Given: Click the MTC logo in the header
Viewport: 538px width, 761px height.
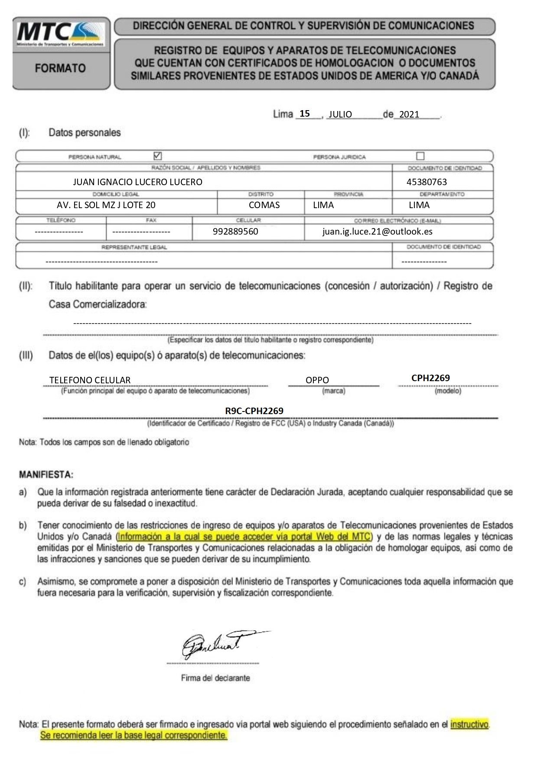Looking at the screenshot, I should coord(60,33).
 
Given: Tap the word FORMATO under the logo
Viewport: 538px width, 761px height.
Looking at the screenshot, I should coord(60,68).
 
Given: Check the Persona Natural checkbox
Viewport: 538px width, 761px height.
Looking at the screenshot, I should coord(158,156).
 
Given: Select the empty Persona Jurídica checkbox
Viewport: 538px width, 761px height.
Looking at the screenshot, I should coord(420,156).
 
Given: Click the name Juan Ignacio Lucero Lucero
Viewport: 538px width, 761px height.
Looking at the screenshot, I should coord(137,182).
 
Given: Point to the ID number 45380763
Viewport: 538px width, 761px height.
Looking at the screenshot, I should coord(427,182).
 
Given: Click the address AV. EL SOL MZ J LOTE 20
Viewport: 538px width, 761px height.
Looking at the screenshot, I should coord(106,205).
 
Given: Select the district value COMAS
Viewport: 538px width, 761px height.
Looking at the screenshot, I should coord(264,205).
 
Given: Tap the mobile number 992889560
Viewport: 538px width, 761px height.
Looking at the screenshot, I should coord(235,232).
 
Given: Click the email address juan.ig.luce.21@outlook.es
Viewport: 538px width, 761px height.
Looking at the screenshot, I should coord(377,232).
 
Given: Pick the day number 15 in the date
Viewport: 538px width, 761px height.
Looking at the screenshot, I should coord(305,114).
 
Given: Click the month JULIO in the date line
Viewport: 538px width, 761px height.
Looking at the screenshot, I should coord(340,114).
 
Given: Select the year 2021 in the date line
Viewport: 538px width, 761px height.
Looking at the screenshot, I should coord(409,114).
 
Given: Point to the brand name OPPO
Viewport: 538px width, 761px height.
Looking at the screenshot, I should coord(317,380).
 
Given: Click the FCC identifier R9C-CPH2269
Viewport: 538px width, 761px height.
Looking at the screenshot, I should coord(254,411).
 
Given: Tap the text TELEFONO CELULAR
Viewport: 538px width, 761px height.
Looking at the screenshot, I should coord(90,380).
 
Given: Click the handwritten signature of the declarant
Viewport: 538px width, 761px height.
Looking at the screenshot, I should coord(217,645).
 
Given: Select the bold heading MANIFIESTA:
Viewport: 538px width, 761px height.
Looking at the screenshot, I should coord(46,475).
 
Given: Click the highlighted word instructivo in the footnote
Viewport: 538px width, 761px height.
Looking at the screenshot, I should coord(470,724).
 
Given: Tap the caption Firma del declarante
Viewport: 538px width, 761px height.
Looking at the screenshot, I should coord(215,678).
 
